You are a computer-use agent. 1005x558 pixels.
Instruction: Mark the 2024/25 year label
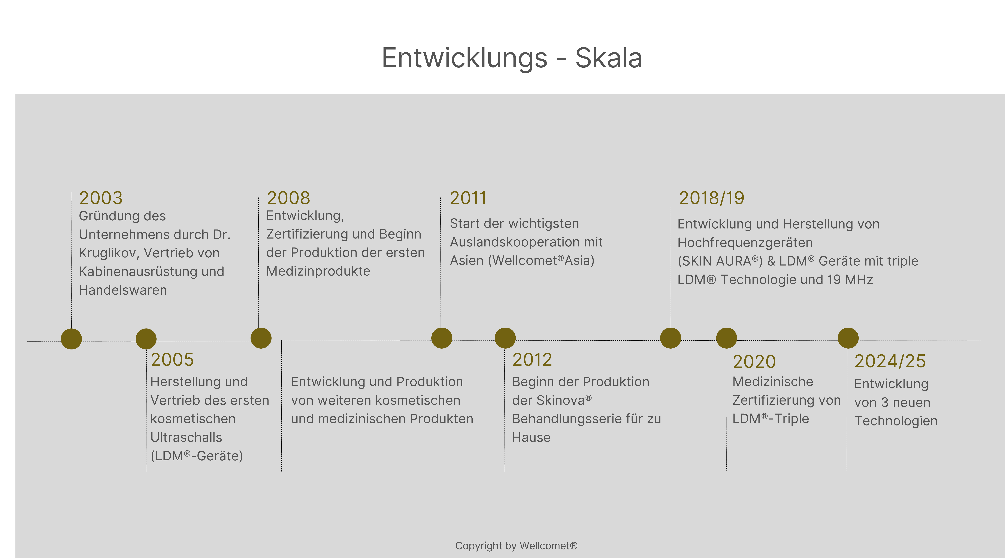coord(890,361)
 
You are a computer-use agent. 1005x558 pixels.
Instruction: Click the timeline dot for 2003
coord(71,339)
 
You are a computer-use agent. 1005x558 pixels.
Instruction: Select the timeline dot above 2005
coord(146,339)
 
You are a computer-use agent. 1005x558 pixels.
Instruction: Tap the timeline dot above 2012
coord(505,338)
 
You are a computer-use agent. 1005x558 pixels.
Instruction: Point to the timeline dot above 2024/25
coord(848,338)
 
